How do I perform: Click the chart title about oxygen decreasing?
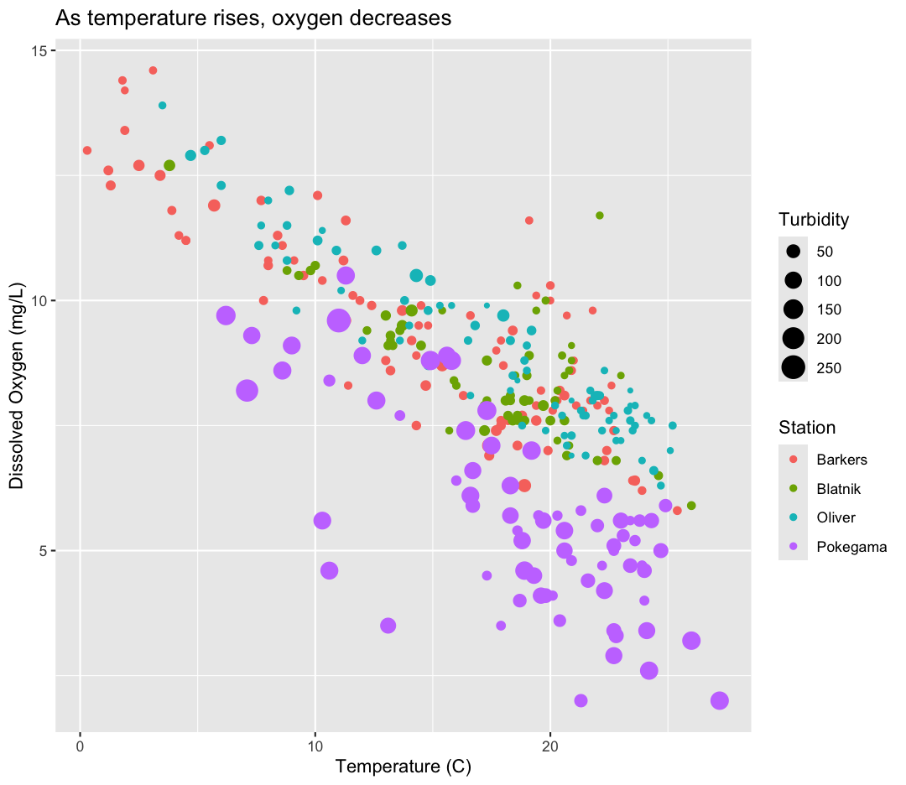pyautogui.click(x=253, y=18)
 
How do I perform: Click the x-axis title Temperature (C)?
pyautogui.click(x=403, y=767)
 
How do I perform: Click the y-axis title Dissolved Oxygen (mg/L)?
pyautogui.click(x=17, y=391)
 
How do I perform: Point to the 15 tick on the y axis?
pyautogui.click(x=39, y=51)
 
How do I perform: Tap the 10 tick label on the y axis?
pyautogui.click(x=39, y=301)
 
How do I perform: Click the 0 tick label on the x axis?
pyautogui.click(x=80, y=744)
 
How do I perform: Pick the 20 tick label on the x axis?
pyautogui.click(x=550, y=744)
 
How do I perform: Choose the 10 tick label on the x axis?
pyautogui.click(x=315, y=744)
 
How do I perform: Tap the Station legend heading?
pyautogui.click(x=807, y=428)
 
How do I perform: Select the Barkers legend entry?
pyautogui.click(x=841, y=460)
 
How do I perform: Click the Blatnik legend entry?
pyautogui.click(x=839, y=489)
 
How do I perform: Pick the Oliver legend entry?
pyautogui.click(x=836, y=517)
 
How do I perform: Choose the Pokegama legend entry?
pyautogui.click(x=851, y=547)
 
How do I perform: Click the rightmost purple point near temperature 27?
pyautogui.click(x=719, y=701)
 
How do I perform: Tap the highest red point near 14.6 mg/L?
pyautogui.click(x=153, y=70)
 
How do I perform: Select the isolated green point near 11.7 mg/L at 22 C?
pyautogui.click(x=600, y=216)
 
